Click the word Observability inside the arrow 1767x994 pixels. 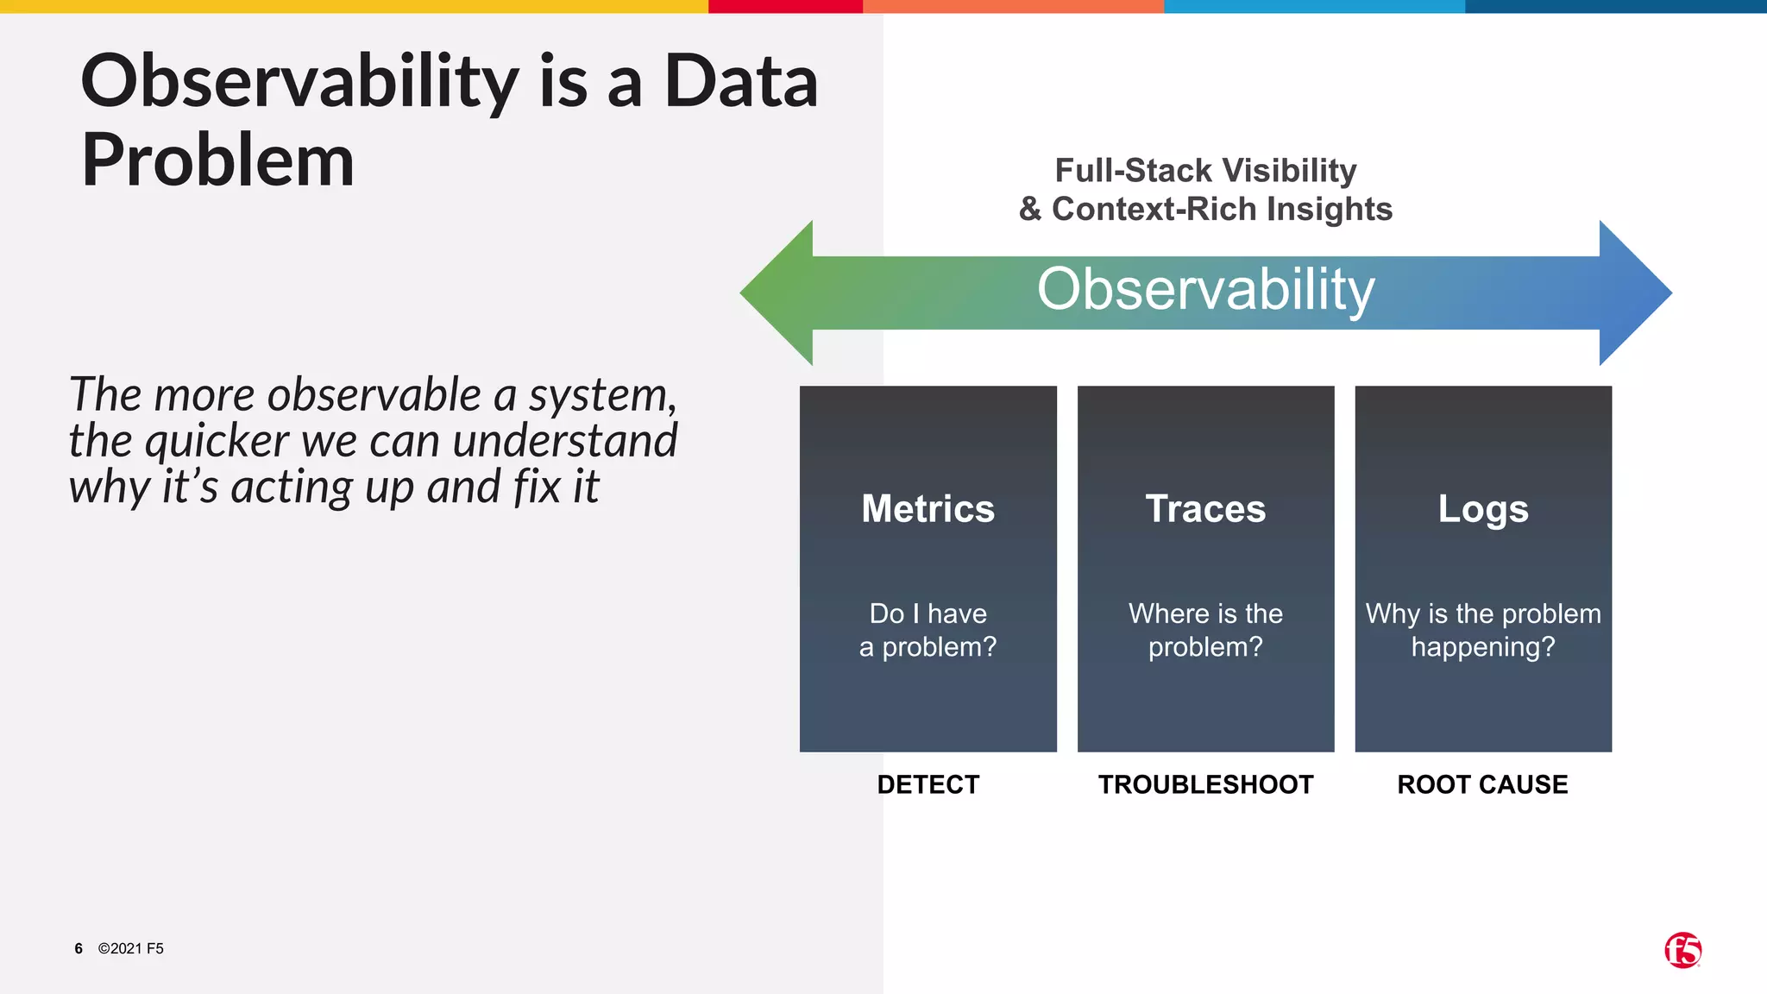[x=1205, y=290]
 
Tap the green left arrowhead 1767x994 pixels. [x=781, y=293]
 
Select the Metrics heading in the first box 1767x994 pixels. [x=928, y=509]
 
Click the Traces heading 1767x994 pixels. [x=1205, y=509]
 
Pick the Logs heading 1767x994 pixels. [x=1482, y=509]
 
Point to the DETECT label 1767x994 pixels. [x=928, y=784]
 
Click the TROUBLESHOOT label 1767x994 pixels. [x=1205, y=784]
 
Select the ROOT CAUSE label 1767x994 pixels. [x=1482, y=784]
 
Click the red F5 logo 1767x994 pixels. [x=1682, y=950]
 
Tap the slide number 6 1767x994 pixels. [x=79, y=948]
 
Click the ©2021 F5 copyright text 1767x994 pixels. [x=131, y=948]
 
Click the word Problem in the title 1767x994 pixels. [x=217, y=160]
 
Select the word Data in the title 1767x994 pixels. [x=740, y=81]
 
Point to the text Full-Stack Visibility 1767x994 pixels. [x=1205, y=171]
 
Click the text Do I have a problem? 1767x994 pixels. [x=928, y=630]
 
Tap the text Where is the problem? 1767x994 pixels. [x=1205, y=630]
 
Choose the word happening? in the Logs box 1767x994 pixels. [x=1482, y=647]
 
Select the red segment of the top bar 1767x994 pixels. [x=785, y=6]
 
